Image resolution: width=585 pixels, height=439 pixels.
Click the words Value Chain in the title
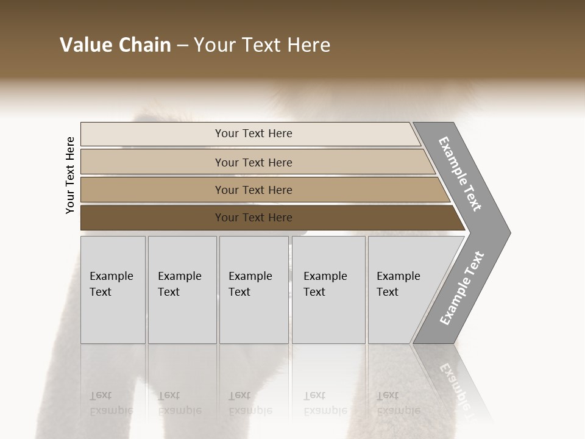pyautogui.click(x=115, y=45)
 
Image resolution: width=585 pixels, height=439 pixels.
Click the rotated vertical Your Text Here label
pyautogui.click(x=70, y=175)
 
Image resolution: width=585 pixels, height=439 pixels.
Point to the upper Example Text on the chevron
pyautogui.click(x=460, y=174)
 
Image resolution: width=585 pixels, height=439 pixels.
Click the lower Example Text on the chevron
pyautogui.click(x=462, y=288)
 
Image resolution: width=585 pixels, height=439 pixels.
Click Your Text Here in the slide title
pyautogui.click(x=262, y=45)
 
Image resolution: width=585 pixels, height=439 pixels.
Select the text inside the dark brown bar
pyautogui.click(x=253, y=218)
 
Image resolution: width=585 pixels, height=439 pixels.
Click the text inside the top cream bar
pyautogui.click(x=253, y=134)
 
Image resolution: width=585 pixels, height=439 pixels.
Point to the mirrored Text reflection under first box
pyautogui.click(x=101, y=395)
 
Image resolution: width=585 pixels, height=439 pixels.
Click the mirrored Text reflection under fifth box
pyautogui.click(x=388, y=395)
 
